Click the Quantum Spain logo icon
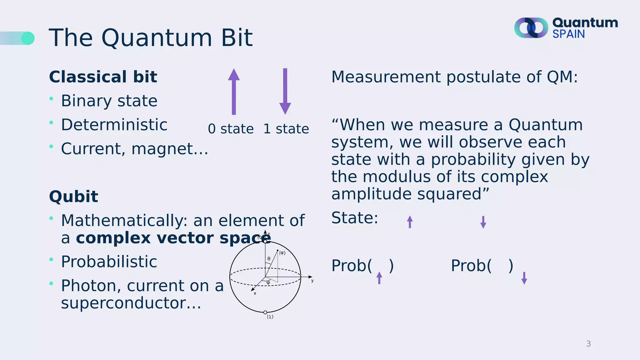pos(531,28)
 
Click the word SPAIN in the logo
pos(568,34)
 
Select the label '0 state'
pos(231,129)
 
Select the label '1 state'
pos(286,129)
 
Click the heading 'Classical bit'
pos(103,77)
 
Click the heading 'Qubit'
pos(73,197)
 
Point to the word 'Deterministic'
pos(114,125)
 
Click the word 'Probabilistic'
pos(109,262)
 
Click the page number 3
pos(588,344)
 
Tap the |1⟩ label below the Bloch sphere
pos(270,317)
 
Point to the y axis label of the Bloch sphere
pos(312,281)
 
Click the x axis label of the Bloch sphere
pos(255,293)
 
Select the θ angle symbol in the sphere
pos(269,259)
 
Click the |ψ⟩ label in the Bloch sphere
pos(282,253)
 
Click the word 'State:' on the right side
pos(355,218)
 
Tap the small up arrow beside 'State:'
pos(410,222)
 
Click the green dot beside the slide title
pos(28,38)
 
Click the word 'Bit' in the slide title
pos(237,38)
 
